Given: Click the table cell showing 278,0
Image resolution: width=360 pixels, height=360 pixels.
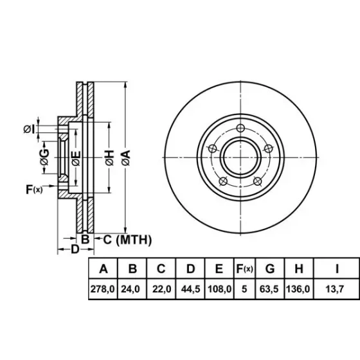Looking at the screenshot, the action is (x=103, y=289).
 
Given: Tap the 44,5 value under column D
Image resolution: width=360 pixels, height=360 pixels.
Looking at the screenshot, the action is (x=190, y=289).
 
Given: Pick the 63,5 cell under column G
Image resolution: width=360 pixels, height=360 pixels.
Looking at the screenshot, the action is (x=269, y=289).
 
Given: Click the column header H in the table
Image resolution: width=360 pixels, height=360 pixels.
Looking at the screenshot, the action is (x=299, y=269).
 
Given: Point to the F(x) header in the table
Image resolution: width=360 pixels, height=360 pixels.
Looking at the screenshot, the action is (x=245, y=269).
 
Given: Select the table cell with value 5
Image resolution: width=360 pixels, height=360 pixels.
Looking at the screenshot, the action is (x=244, y=289).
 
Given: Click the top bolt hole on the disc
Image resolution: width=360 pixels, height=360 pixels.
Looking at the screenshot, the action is (x=240, y=128).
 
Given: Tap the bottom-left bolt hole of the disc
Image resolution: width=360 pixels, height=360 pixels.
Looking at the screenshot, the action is (x=223, y=181).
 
